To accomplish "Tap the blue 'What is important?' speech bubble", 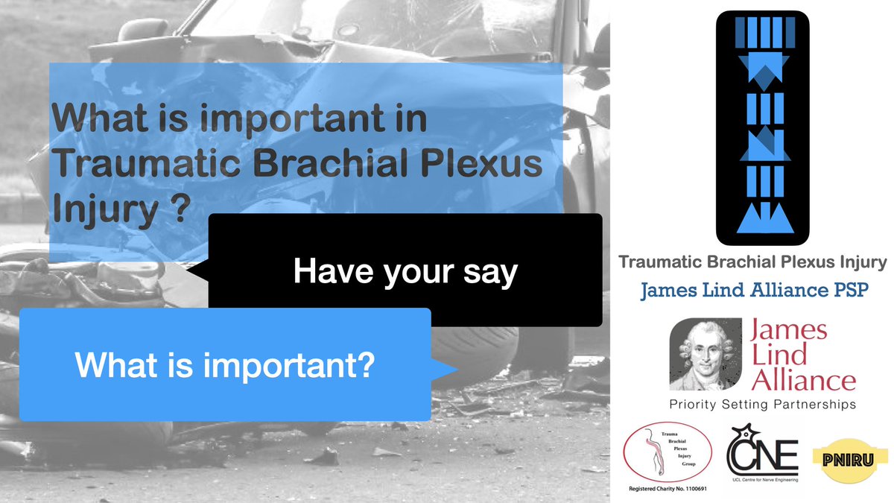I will [224, 364].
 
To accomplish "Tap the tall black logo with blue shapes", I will [762, 128].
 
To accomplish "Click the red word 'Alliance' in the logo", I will [804, 381].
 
